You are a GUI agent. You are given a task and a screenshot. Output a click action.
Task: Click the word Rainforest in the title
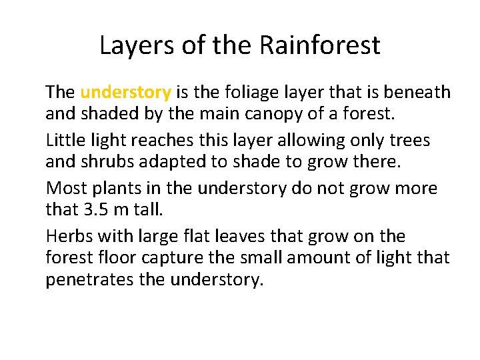pyautogui.click(x=319, y=46)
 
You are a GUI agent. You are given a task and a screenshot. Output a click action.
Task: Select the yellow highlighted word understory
pyautogui.click(x=125, y=93)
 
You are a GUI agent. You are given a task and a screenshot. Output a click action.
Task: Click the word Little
pyautogui.click(x=65, y=141)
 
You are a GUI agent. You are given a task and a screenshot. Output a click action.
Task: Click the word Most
pyautogui.click(x=65, y=189)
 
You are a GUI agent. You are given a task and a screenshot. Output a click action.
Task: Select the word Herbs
pyautogui.click(x=68, y=237)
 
